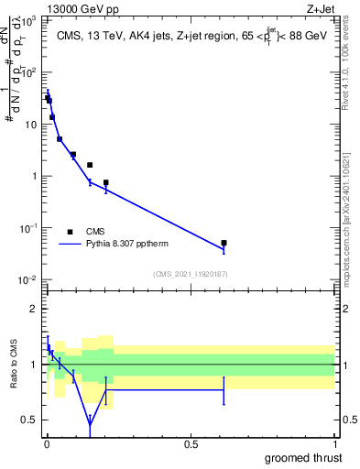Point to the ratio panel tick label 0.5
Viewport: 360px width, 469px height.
coord(28,420)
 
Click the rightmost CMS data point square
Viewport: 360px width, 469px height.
coord(224,243)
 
